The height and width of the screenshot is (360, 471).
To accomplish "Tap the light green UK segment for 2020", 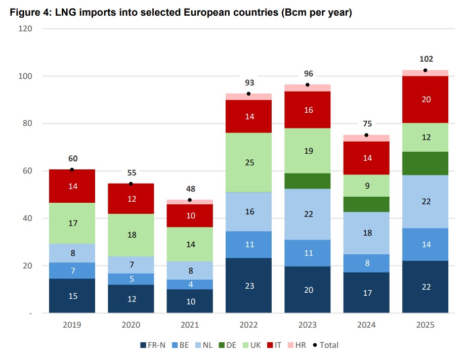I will point(131,235).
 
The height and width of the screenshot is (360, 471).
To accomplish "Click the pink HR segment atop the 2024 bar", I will point(366,138).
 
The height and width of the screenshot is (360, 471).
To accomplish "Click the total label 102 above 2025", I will point(426,59).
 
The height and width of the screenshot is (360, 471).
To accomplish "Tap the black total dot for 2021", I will point(190,200).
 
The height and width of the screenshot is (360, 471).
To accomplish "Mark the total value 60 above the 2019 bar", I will point(73,158).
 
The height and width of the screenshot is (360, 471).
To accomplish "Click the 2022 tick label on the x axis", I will point(248,325).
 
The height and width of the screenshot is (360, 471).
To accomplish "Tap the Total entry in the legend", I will point(325,345).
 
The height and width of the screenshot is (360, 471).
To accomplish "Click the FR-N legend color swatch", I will point(144,345).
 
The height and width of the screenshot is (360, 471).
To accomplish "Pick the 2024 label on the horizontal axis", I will point(366,325).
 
